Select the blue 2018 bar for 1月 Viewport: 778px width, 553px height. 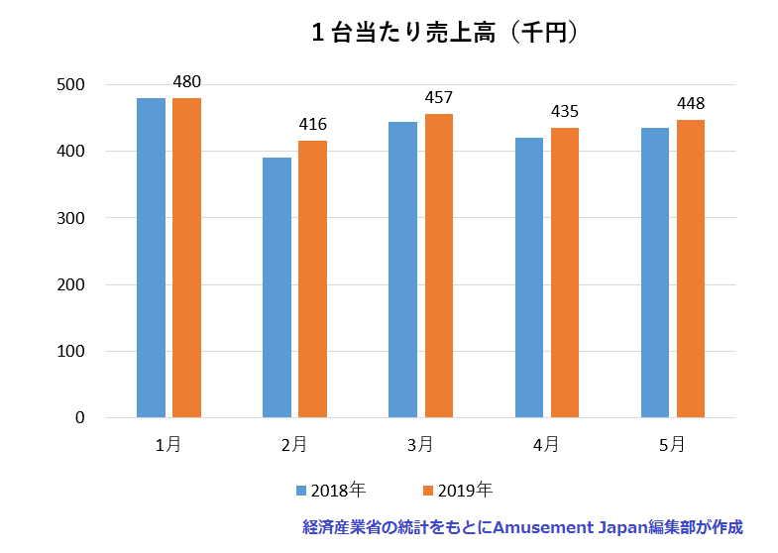click(151, 258)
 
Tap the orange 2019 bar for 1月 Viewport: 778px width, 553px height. click(186, 258)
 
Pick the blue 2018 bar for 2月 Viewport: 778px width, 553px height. click(277, 287)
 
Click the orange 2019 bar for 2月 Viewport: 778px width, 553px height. click(312, 278)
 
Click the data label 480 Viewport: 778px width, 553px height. click(186, 81)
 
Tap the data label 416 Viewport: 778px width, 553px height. click(312, 124)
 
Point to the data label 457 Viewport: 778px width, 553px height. click(438, 97)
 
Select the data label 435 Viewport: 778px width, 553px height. click(564, 111)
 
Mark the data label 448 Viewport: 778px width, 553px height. click(690, 103)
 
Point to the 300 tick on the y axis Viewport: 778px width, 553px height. click(70, 218)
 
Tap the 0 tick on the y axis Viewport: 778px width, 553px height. click(79, 417)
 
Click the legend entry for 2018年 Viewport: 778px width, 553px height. click(331, 490)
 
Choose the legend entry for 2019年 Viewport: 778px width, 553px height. click(457, 490)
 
